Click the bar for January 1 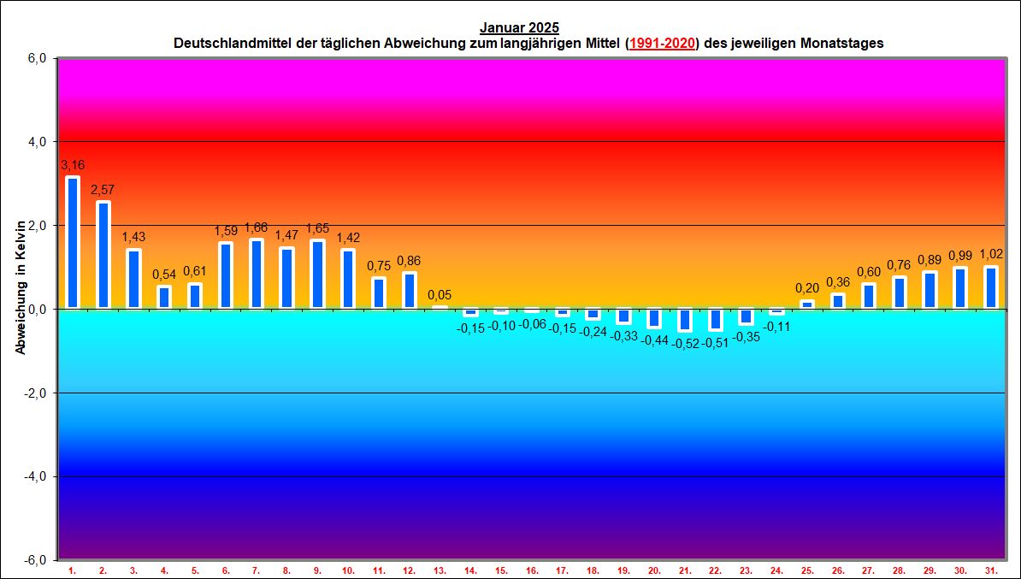tap(73, 243)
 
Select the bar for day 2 tap(103, 255)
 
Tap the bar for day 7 tap(257, 274)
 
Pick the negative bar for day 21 tap(685, 319)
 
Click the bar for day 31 tap(991, 287)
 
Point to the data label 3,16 tap(73, 164)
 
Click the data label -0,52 tap(685, 343)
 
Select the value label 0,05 tap(440, 295)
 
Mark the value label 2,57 tap(103, 188)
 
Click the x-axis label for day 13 tap(440, 570)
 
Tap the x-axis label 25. tap(807, 570)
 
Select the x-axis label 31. tap(991, 570)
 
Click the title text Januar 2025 tap(520, 28)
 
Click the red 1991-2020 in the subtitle tap(662, 43)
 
